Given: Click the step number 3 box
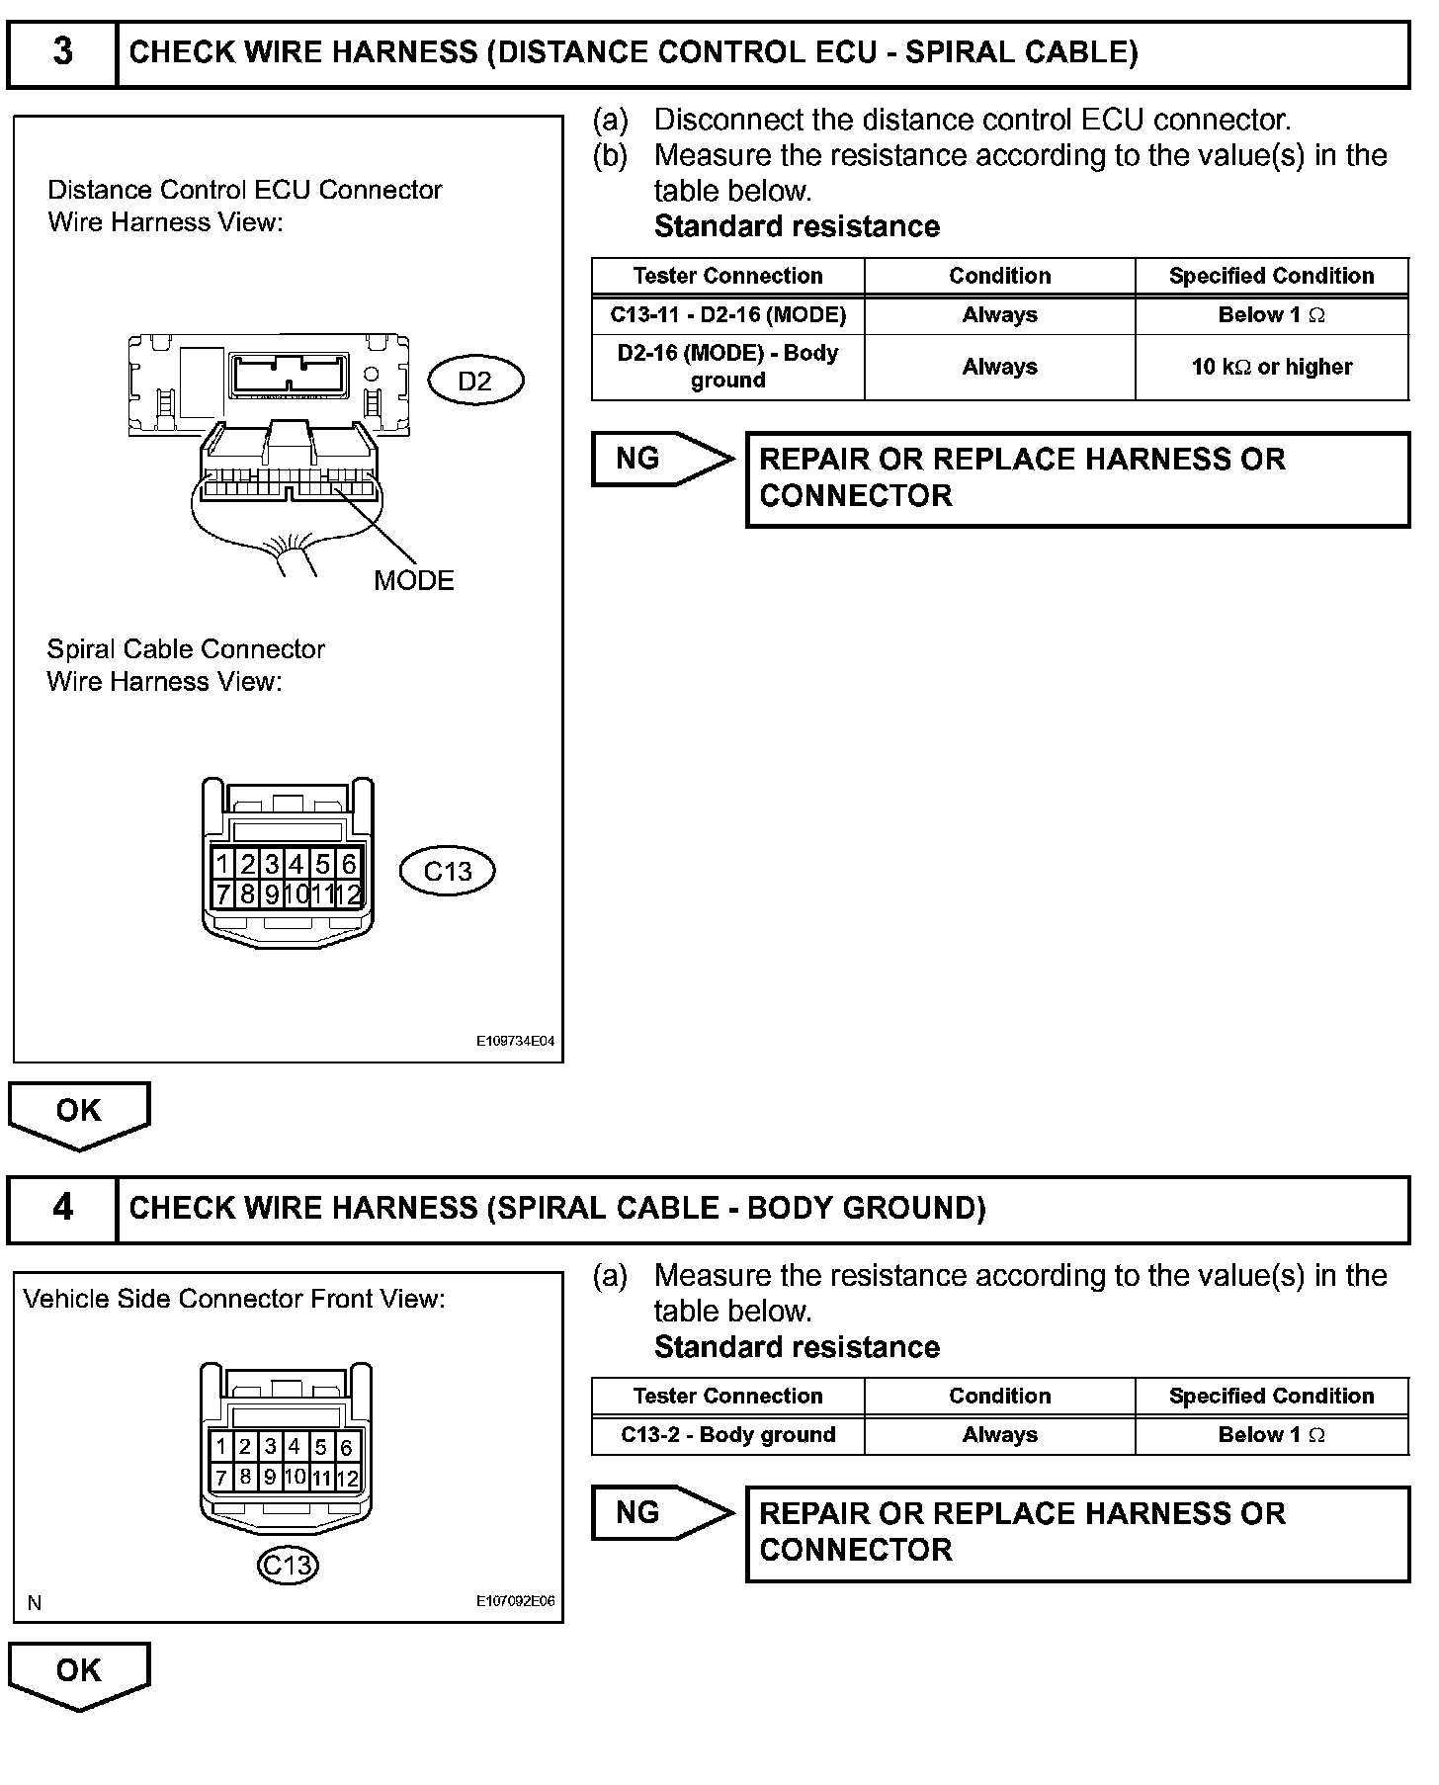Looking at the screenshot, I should coord(62,52).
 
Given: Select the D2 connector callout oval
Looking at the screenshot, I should coord(475,381).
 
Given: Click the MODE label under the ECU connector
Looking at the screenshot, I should coord(413,580).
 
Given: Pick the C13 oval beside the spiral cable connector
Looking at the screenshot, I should coord(447,871).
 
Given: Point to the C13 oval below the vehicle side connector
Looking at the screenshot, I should coord(287,1565).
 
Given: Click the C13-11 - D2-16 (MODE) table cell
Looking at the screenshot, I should coord(727,315).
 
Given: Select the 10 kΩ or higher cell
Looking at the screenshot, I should coord(1271,367).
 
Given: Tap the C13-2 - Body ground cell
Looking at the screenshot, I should coord(727,1435).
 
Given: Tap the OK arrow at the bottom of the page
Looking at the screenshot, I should coord(79,1673).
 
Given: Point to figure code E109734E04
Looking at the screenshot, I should coord(515,1041).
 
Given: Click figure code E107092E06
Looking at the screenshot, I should coord(515,1602).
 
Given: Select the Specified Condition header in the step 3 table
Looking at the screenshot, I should coord(1271,276).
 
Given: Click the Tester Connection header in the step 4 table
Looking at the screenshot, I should coord(727,1396).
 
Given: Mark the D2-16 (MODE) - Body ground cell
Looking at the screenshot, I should coord(727,367).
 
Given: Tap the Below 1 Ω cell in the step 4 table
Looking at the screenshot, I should coord(1271,1435).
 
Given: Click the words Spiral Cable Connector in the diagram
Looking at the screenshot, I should coord(186,649).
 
